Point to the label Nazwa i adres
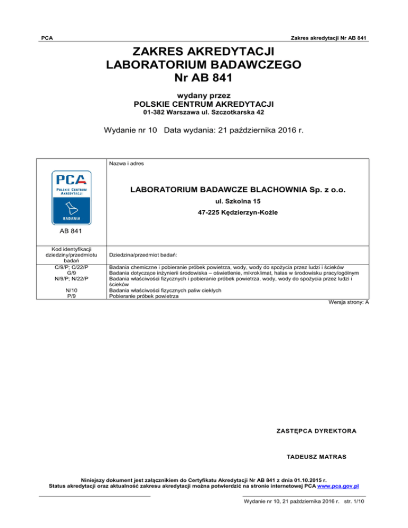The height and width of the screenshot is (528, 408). pos(126,164)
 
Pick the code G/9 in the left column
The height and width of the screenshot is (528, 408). pos(71,271)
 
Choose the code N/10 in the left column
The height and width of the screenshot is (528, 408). pos(71,291)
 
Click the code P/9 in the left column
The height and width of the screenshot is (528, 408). pos(71,296)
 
